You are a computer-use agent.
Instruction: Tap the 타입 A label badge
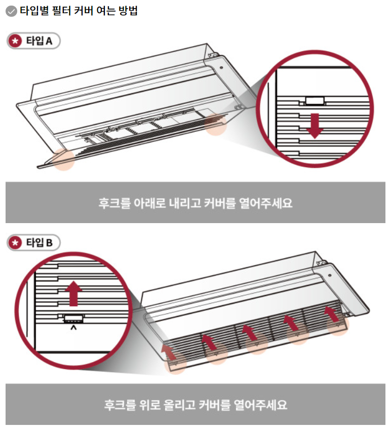coord(33,42)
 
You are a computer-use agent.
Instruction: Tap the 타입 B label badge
coord(33,243)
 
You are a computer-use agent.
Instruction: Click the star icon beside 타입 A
coord(16,42)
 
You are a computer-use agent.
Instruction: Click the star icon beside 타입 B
coord(16,243)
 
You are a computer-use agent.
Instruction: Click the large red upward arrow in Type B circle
coord(74,294)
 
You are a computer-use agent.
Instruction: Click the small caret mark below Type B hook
coord(74,328)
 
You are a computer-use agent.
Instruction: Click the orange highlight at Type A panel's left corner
coord(63,160)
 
